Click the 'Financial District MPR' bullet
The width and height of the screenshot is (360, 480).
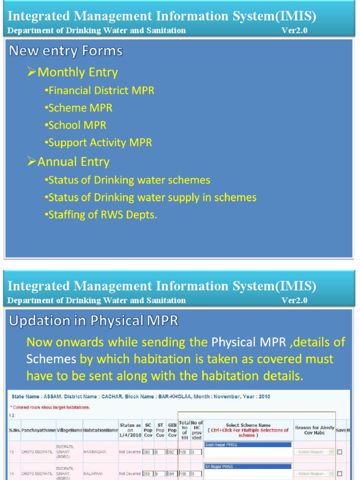pyautogui.click(x=101, y=90)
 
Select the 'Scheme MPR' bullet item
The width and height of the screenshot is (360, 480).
pyautogui.click(x=80, y=108)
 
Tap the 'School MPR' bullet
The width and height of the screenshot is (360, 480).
pyautogui.click(x=77, y=125)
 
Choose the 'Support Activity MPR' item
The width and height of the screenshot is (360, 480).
pyautogui.click(x=100, y=142)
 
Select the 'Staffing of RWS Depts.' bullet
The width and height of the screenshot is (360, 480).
pyautogui.click(x=103, y=215)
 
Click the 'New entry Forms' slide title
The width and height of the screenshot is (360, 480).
pyautogui.click(x=66, y=51)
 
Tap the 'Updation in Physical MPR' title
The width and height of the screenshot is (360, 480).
pyautogui.click(x=93, y=321)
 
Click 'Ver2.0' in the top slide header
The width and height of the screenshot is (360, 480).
pyautogui.click(x=294, y=30)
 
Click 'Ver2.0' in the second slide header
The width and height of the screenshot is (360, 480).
pyautogui.click(x=294, y=300)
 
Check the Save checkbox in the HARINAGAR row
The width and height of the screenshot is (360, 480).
pyautogui.click(x=339, y=452)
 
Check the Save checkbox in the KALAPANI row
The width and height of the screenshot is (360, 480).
pyautogui.click(x=339, y=473)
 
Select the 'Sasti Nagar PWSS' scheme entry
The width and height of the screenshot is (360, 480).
pyautogui.click(x=247, y=444)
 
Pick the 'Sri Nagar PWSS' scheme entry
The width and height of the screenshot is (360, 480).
pyautogui.click(x=247, y=466)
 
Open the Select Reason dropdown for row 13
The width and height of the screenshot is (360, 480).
pyautogui.click(x=314, y=452)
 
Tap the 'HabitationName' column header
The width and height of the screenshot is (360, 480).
pyautogui.click(x=100, y=430)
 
